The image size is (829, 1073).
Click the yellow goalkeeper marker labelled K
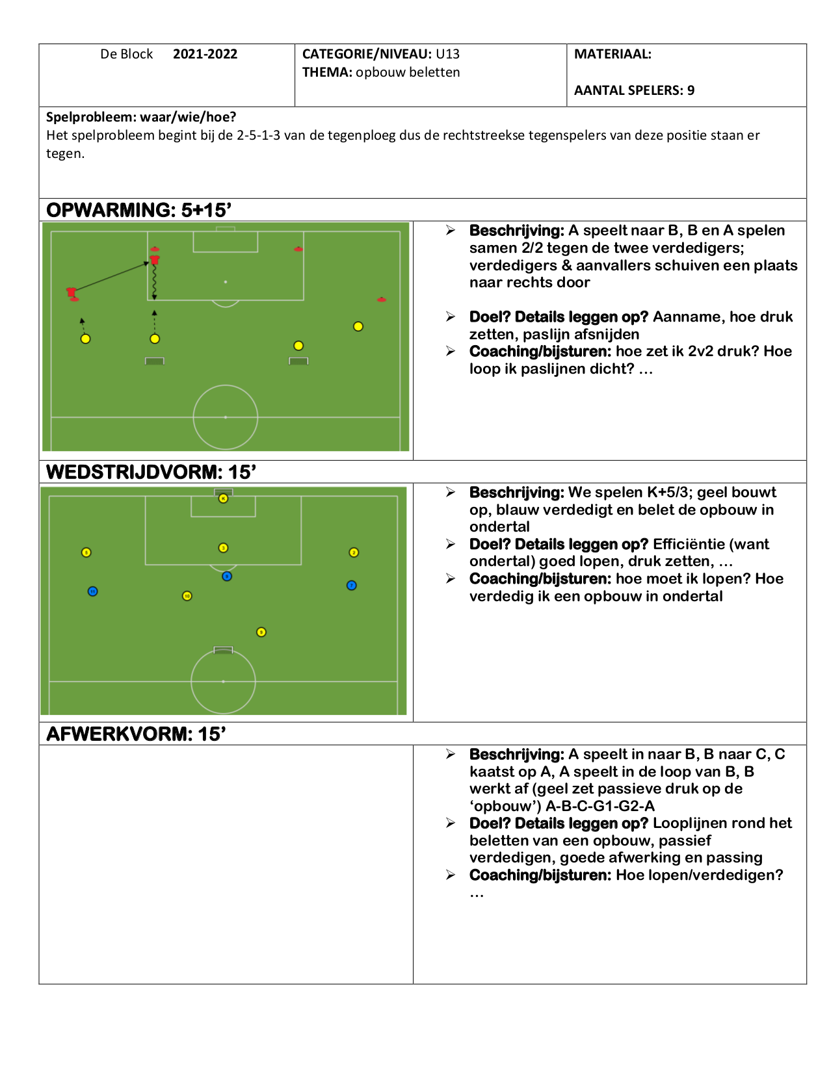[x=223, y=498]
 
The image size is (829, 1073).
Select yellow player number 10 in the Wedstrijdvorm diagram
[x=187, y=596]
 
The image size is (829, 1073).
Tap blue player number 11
[x=92, y=591]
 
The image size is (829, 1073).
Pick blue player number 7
[x=351, y=585]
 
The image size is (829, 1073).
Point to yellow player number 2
[x=354, y=552]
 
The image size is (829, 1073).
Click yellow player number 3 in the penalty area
[x=223, y=548]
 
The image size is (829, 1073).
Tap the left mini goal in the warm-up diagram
[x=155, y=361]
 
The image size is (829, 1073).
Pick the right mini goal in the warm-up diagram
[x=298, y=361]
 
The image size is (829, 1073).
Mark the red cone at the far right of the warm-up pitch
[x=382, y=299]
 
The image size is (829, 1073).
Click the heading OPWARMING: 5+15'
[x=139, y=210]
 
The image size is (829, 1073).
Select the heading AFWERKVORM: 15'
[x=136, y=734]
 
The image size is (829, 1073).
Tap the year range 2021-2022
[x=205, y=54]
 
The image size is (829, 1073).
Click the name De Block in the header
[x=127, y=54]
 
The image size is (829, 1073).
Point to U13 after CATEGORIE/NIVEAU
[x=447, y=54]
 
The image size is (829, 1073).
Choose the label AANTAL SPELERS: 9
[x=635, y=90]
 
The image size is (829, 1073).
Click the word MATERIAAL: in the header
[x=612, y=54]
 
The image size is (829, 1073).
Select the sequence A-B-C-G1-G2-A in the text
[x=599, y=806]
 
